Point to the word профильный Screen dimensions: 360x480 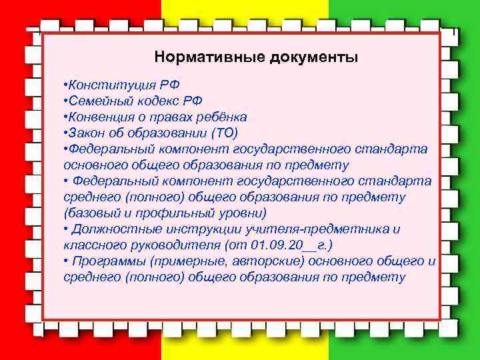[167, 213]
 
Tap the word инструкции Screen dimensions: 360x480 [194, 229]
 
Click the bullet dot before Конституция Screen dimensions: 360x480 [65, 85]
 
